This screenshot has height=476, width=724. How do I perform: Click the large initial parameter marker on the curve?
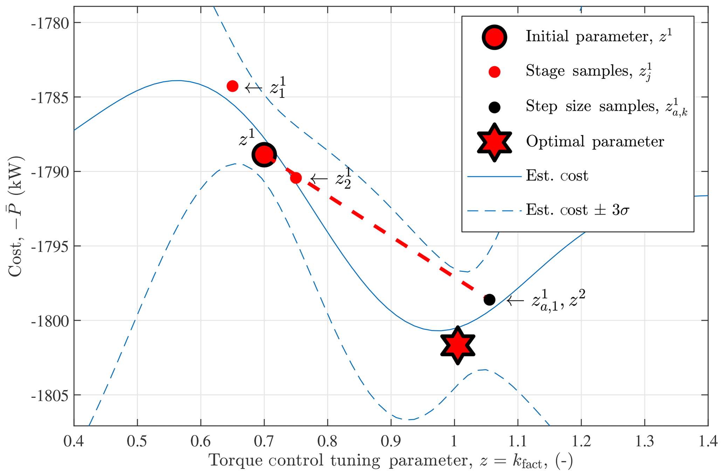point(264,154)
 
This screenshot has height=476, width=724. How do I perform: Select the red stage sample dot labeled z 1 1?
point(233,86)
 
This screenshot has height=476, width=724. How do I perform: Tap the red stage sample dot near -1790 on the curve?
point(296,178)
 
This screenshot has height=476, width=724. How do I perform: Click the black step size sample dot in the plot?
point(489,299)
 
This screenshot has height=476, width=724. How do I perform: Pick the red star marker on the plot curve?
point(457,345)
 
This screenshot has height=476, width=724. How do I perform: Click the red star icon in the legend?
point(494,142)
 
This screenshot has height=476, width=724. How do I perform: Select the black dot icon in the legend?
point(494,107)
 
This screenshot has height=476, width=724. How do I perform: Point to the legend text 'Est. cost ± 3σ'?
point(578,210)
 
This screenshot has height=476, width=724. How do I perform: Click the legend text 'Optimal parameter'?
point(595,142)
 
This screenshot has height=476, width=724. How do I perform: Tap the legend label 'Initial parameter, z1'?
point(599,37)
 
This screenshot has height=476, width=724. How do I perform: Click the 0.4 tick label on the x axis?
point(74,441)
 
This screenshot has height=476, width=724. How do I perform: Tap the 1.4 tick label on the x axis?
point(708,441)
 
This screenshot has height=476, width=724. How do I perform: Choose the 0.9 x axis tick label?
point(391,441)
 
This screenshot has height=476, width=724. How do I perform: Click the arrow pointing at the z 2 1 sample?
point(319,179)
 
